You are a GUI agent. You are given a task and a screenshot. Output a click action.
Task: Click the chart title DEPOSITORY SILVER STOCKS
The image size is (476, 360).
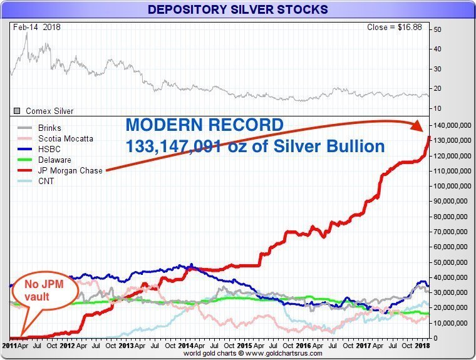click(237, 9)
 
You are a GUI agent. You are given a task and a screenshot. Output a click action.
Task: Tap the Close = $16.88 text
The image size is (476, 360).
click(395, 28)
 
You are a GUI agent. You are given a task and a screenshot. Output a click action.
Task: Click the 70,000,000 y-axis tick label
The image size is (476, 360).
click(452, 232)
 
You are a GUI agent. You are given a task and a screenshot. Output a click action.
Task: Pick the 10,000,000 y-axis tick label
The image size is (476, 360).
click(452, 323)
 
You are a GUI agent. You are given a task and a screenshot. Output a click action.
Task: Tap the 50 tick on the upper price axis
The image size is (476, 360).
click(437, 29)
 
